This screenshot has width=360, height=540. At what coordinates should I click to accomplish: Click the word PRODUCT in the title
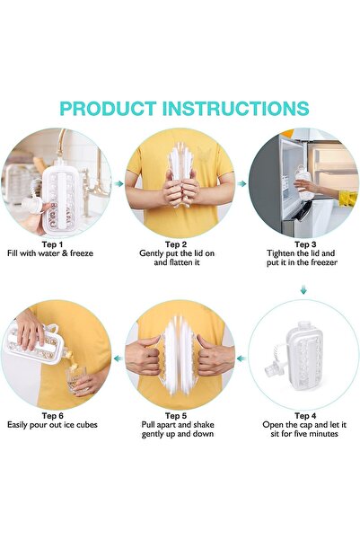[x=112, y=109]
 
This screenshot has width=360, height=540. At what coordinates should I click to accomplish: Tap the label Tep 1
[x=53, y=243]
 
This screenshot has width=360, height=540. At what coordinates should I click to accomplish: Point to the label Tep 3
[x=305, y=243]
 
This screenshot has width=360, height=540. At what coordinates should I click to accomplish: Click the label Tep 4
[x=305, y=415]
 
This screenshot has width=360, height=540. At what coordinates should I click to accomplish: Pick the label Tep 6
[x=53, y=415]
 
